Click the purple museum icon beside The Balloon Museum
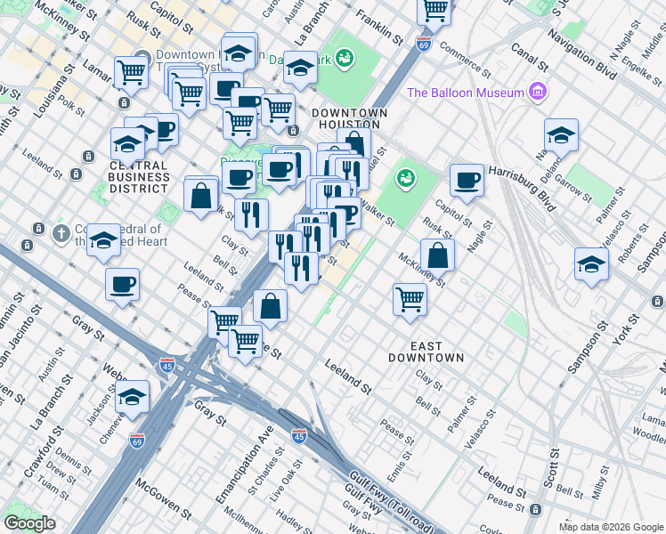point(537,92)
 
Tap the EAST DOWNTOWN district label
point(426,351)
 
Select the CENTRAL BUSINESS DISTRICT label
point(138,177)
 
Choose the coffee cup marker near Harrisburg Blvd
point(467,181)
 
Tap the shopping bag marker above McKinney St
point(437,255)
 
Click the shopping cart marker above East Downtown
point(410,299)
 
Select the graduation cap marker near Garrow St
point(561,135)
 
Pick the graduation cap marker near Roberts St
point(591,264)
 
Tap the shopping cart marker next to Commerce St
point(434,10)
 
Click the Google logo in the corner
point(29,523)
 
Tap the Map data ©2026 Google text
point(611,527)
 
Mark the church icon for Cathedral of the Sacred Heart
point(61,234)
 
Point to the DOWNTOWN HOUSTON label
point(349,119)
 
